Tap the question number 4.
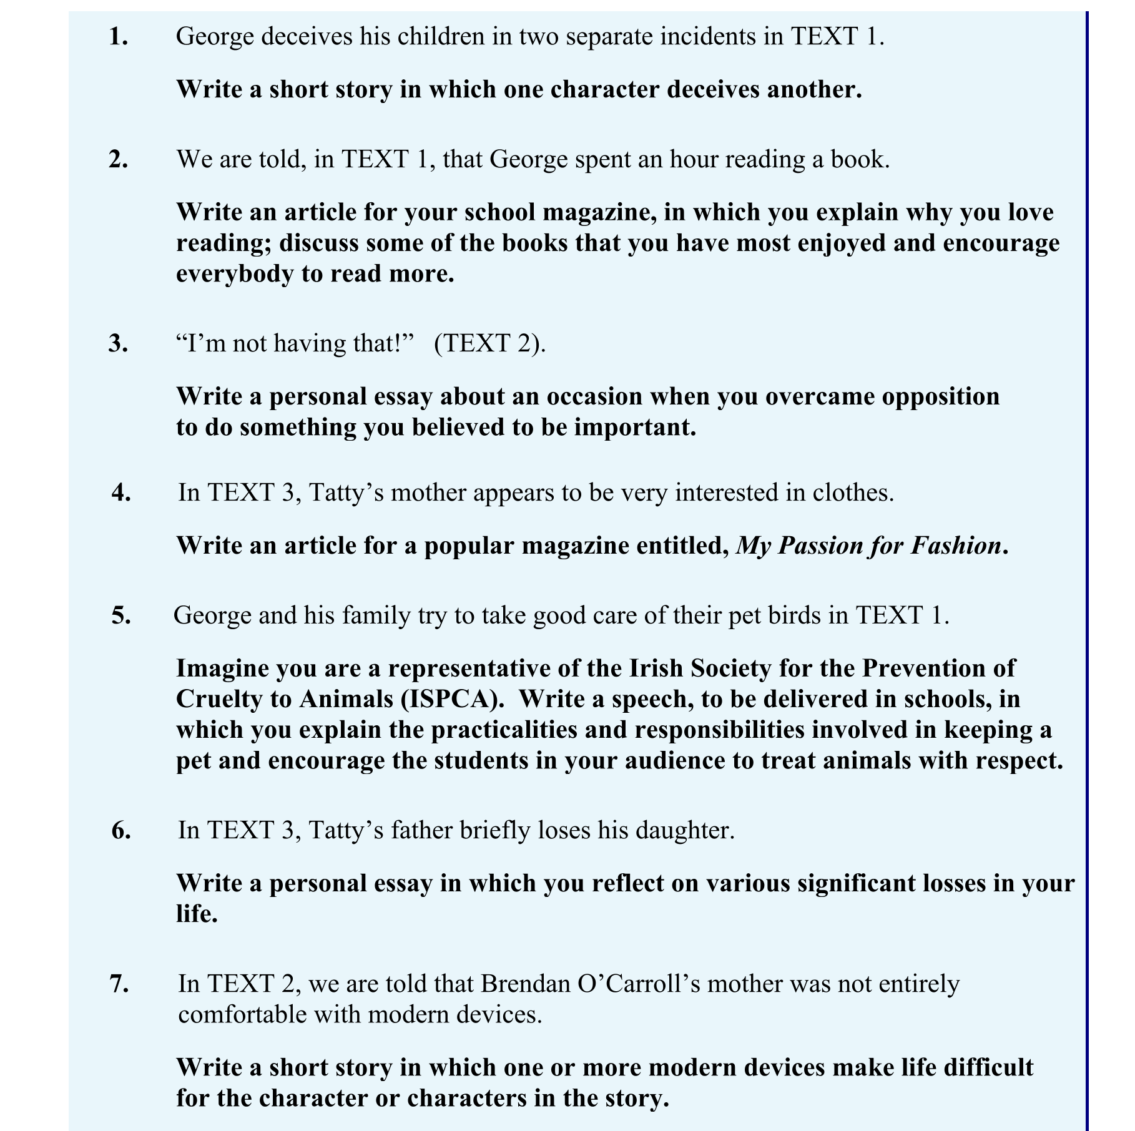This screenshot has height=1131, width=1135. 121,492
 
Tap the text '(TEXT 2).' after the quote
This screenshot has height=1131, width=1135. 489,343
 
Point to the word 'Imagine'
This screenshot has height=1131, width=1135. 221,668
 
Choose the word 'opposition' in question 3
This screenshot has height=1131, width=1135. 940,397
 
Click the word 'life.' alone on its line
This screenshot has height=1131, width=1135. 197,914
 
